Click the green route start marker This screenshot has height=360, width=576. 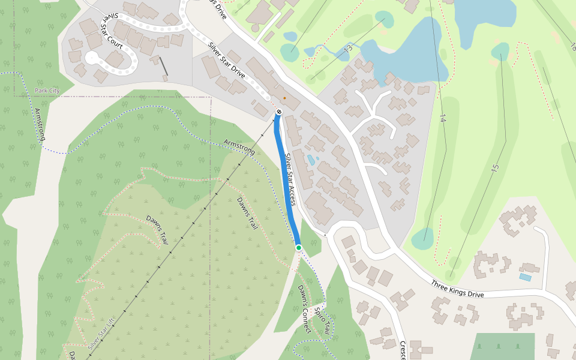click(x=298, y=247)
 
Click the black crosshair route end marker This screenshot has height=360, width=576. click(x=279, y=112)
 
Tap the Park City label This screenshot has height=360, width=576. click(x=47, y=91)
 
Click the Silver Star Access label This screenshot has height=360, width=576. click(x=290, y=179)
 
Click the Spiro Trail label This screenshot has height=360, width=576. click(x=322, y=322)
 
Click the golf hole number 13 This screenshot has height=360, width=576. click(x=348, y=48)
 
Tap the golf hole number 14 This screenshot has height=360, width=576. click(x=443, y=118)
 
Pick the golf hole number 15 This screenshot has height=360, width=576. click(x=494, y=169)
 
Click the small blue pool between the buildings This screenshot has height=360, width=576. click(x=311, y=160)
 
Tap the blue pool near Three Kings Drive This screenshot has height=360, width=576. click(x=525, y=278)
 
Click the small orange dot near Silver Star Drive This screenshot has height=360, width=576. click(x=284, y=98)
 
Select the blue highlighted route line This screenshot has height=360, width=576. click(x=287, y=180)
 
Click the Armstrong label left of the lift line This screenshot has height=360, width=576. click(x=40, y=125)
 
